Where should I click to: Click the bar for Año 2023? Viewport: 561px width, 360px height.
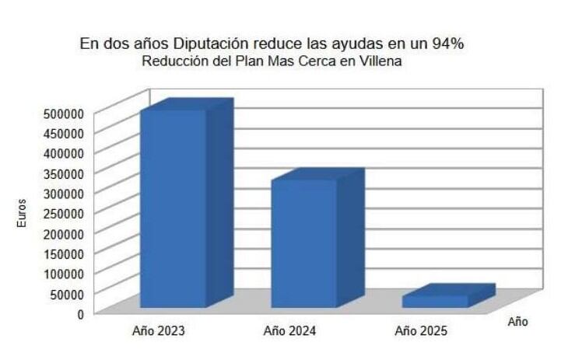tap(173, 208)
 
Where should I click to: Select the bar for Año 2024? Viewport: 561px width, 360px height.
tap(303, 243)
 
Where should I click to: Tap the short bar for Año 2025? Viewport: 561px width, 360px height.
tap(436, 300)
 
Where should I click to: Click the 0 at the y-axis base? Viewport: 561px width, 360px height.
tap(79, 313)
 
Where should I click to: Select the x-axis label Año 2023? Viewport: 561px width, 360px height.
tap(159, 331)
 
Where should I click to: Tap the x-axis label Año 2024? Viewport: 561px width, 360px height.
tap(289, 331)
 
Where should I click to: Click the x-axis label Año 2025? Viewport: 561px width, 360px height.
tap(421, 331)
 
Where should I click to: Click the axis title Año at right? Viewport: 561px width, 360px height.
tap(517, 321)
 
